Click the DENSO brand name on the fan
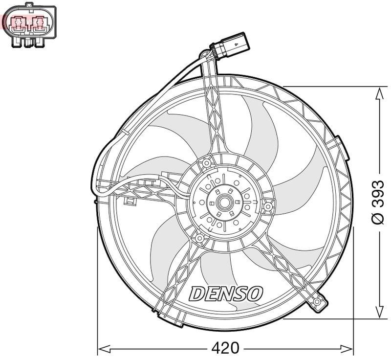click(226, 293)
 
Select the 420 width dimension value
click(225, 348)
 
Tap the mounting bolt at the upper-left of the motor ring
click(206, 162)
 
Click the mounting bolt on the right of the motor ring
click(268, 207)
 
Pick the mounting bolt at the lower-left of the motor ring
click(199, 238)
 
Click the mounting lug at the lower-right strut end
click(318, 303)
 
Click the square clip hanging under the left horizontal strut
click(130, 201)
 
